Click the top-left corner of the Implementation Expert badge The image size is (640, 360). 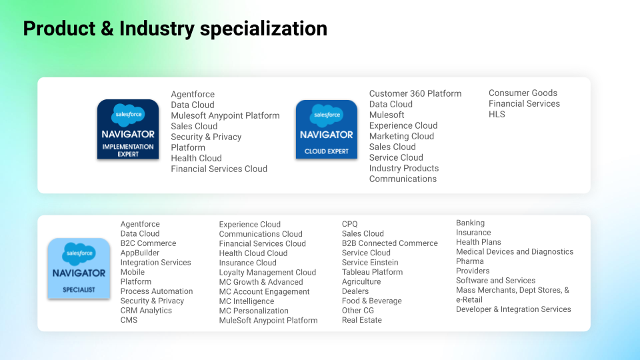(x=97, y=99)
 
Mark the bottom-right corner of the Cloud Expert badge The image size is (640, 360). (x=357, y=159)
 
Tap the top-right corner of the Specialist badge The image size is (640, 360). (x=110, y=239)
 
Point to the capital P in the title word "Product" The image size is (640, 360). (x=29, y=29)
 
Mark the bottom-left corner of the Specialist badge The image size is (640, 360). (x=48, y=299)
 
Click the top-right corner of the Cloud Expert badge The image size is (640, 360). (x=357, y=100)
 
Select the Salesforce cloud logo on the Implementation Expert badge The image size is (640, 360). (x=128, y=115)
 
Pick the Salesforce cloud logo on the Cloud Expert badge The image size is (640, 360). (x=327, y=115)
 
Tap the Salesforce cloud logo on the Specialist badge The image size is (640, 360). (x=79, y=254)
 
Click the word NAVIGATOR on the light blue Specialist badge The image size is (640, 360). (x=79, y=273)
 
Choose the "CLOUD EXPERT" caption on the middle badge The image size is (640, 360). (x=327, y=151)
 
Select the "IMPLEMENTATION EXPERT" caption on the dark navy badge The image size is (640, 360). (x=128, y=150)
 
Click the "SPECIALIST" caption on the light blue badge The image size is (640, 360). (x=79, y=290)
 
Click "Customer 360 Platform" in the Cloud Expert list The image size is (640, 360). (x=415, y=94)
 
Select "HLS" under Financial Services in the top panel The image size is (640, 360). (x=497, y=114)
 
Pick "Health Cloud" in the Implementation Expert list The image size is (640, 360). (x=196, y=159)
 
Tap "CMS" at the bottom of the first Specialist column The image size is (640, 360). (x=129, y=320)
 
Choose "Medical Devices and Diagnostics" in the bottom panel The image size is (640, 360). (x=515, y=252)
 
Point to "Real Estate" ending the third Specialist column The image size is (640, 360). (x=361, y=320)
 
